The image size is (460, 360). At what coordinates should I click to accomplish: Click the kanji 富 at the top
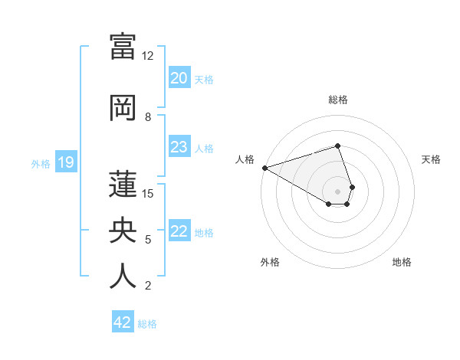(x=123, y=46)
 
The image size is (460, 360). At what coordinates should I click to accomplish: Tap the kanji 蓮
(x=123, y=184)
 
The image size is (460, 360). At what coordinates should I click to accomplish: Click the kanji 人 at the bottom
(x=123, y=275)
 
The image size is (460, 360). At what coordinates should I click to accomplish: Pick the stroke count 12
(x=148, y=57)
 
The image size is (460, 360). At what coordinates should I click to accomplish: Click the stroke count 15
(x=148, y=193)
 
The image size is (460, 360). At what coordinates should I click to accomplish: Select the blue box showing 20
(x=179, y=78)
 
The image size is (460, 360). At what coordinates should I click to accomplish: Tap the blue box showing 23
(x=179, y=147)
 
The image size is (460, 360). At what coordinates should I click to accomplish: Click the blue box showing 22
(x=179, y=231)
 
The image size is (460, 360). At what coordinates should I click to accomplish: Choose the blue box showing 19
(x=65, y=162)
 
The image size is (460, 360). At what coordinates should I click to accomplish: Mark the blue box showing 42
(x=122, y=322)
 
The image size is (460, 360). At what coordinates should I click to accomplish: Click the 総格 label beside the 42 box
(x=147, y=324)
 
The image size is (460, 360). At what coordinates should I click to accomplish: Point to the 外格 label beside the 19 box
(x=41, y=163)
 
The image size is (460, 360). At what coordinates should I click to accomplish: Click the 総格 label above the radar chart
(x=337, y=100)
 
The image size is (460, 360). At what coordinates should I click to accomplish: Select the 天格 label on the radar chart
(x=432, y=159)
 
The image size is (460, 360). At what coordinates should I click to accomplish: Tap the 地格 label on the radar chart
(x=402, y=262)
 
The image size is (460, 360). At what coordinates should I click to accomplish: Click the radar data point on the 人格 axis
(x=264, y=167)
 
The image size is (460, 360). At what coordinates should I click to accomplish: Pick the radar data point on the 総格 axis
(x=337, y=146)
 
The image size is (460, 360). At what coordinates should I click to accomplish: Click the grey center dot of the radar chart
(x=337, y=191)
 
